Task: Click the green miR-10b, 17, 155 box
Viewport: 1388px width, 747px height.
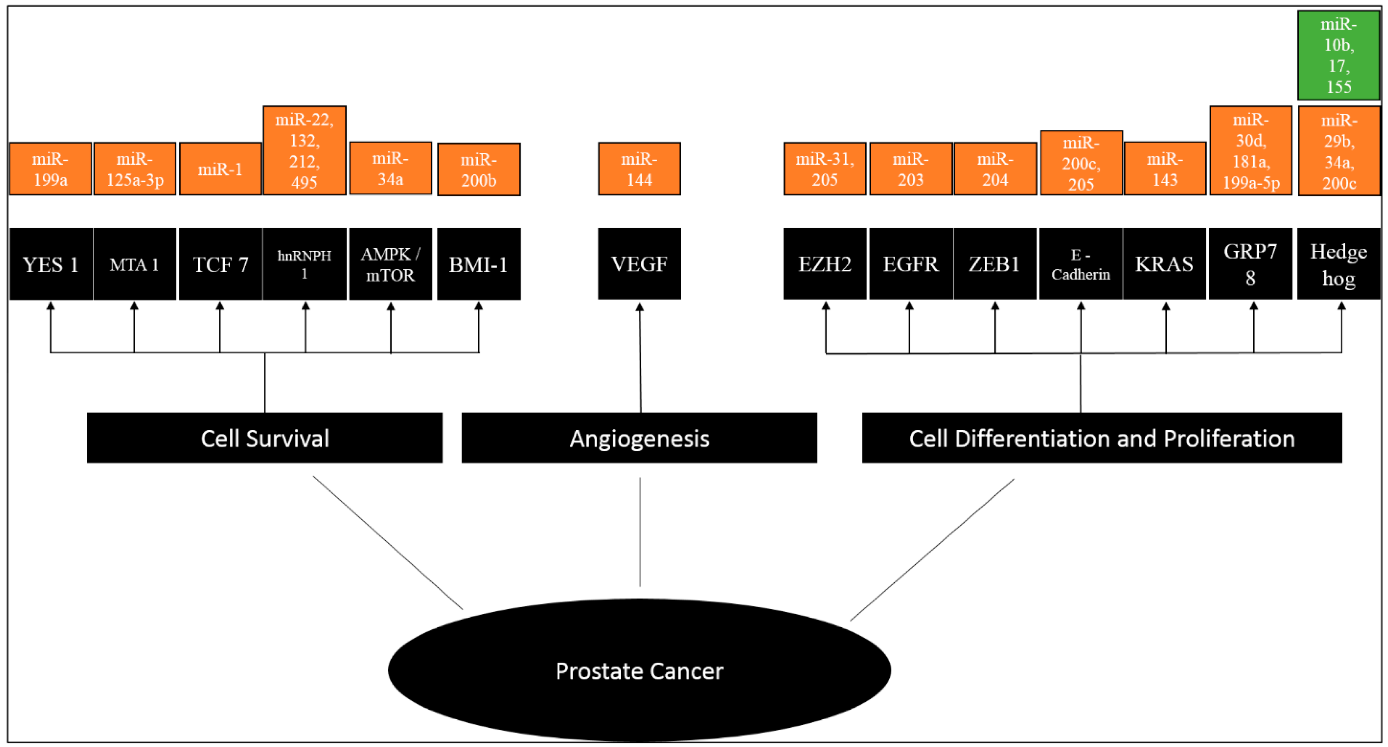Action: coord(1338,55)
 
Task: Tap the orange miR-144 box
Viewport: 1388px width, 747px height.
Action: coord(639,169)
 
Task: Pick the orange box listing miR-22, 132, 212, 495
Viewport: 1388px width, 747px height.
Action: coord(304,150)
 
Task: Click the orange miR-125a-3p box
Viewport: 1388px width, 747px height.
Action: coord(135,169)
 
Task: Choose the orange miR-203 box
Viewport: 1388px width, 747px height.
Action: coord(910,169)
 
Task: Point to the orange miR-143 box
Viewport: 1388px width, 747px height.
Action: coord(1165,169)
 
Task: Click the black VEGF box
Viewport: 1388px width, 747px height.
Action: coord(639,264)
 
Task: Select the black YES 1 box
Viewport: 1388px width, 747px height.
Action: coord(51,264)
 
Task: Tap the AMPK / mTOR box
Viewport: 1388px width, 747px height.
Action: coord(390,264)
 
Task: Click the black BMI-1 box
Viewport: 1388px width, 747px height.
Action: coord(478,264)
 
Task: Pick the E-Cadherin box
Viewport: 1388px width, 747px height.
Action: coord(1080,264)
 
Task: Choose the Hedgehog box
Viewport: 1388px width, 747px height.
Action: coord(1338,264)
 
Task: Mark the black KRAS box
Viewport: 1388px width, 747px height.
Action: coord(1164,264)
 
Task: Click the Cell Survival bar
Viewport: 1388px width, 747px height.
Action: coord(265,438)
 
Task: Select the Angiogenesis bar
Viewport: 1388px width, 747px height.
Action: coord(639,438)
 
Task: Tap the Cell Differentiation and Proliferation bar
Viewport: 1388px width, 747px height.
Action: coord(1102,438)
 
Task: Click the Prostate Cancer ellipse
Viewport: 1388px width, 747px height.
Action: coord(639,670)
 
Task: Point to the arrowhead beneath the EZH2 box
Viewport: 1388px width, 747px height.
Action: coord(825,306)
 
